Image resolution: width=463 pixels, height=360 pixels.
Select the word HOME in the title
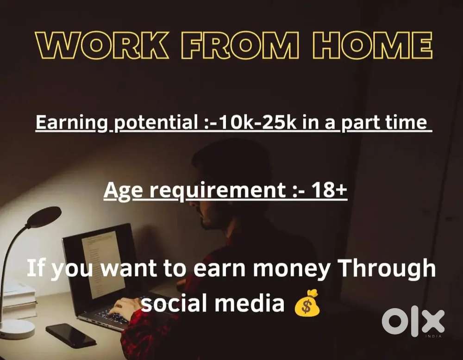[373, 46]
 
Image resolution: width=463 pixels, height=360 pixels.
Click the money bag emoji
[307, 303]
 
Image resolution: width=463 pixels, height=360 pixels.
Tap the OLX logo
[413, 321]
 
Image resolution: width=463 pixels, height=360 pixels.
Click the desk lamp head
[44, 216]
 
